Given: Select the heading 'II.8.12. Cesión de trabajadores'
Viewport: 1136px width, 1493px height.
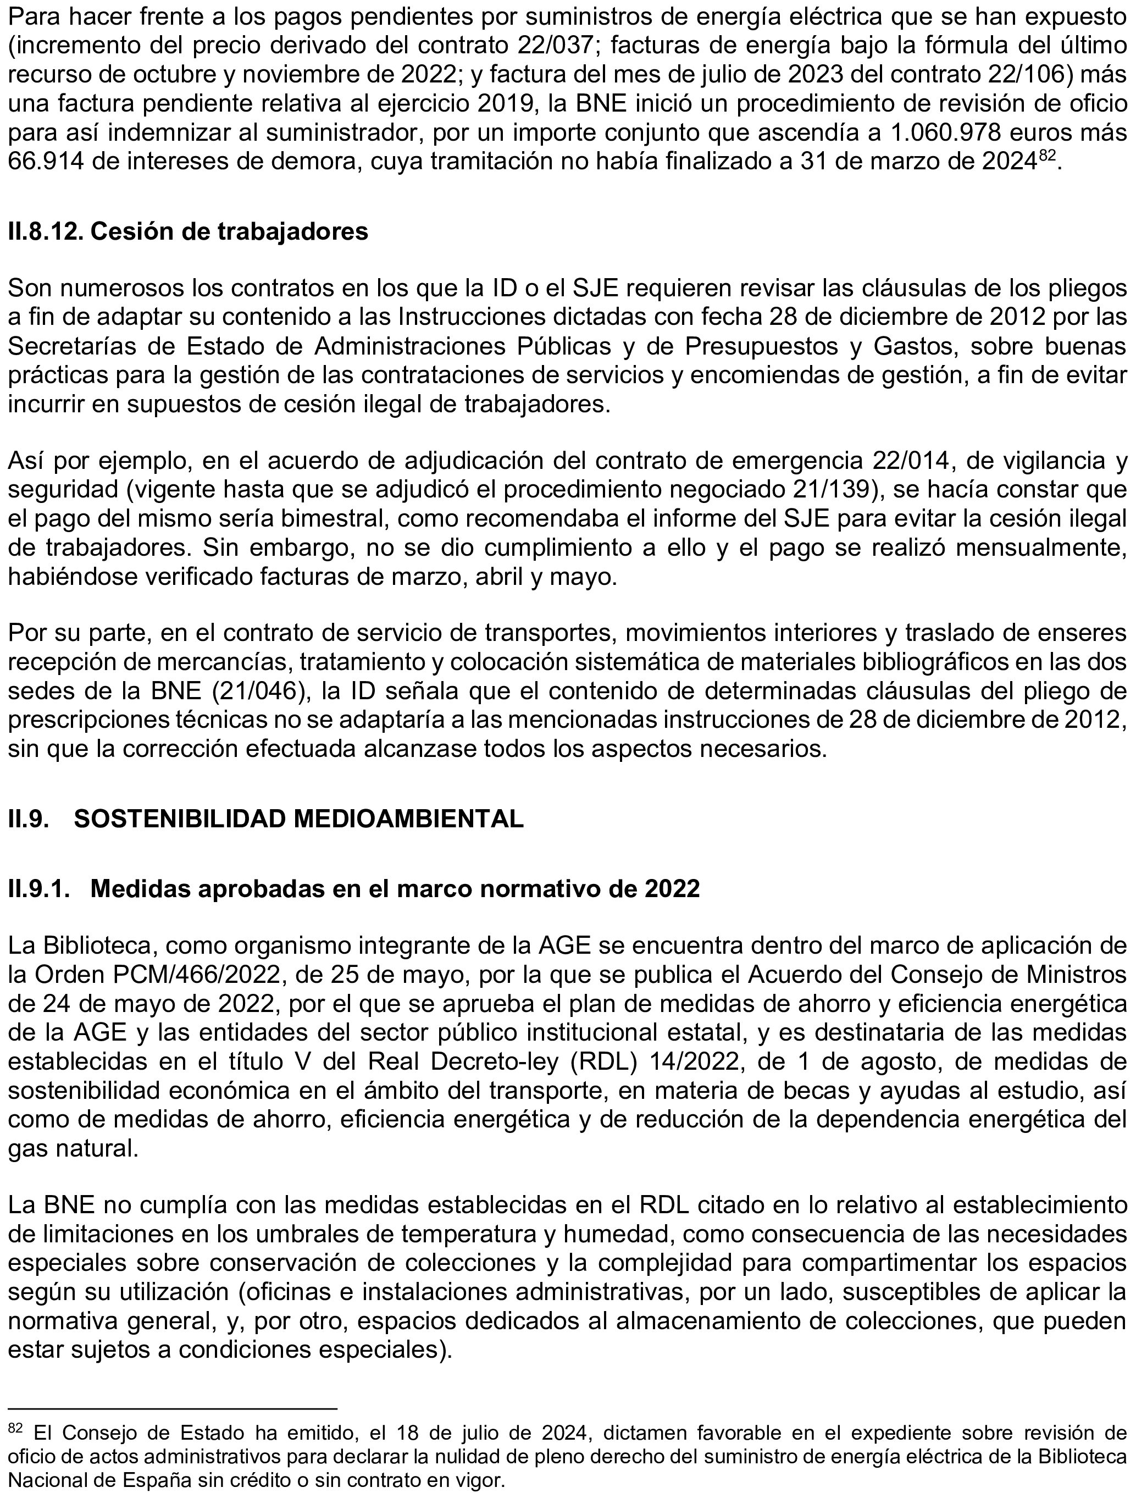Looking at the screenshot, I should pos(188,231).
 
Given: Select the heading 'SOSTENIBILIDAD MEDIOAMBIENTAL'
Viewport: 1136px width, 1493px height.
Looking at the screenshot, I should pos(298,819).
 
